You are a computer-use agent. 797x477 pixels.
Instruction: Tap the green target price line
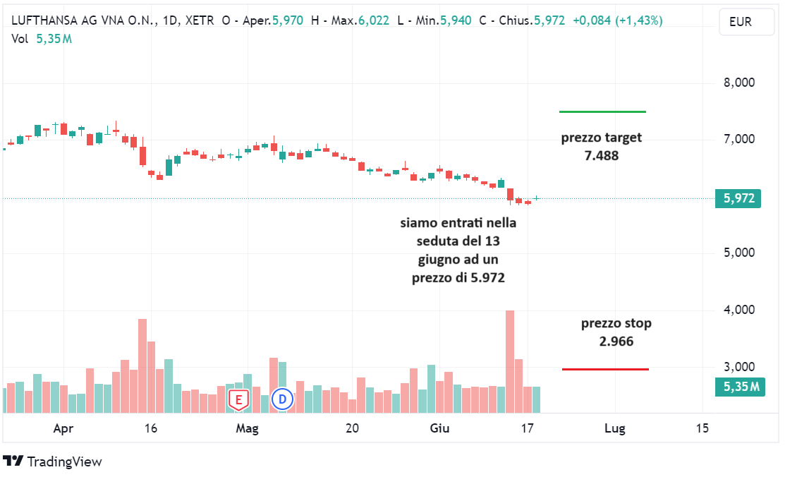coord(602,111)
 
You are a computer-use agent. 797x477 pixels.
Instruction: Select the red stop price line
coord(605,369)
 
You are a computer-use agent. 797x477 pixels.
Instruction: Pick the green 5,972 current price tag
coord(738,199)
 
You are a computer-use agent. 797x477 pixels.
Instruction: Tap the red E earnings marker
coord(238,399)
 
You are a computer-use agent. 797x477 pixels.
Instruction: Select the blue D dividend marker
coord(282,399)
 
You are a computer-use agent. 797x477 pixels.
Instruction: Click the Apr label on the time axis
coord(63,428)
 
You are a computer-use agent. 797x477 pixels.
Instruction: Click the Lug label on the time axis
coord(615,428)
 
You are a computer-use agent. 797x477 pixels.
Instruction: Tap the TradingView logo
coord(53,461)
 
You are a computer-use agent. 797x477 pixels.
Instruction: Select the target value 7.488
coord(602,155)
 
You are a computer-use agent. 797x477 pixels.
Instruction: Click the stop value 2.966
coord(616,342)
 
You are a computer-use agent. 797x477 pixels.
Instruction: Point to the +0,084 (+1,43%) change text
coord(617,20)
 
